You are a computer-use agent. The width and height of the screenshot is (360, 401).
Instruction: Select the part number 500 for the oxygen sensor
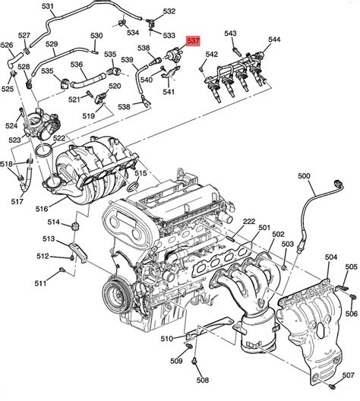pos(305,176)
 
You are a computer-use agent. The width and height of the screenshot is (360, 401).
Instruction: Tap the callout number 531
pos(48,7)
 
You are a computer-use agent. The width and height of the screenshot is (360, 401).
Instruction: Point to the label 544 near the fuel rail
pos(274,39)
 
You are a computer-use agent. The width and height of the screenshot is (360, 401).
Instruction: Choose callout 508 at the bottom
pos(202,380)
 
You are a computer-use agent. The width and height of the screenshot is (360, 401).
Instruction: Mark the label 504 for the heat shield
pos(331,259)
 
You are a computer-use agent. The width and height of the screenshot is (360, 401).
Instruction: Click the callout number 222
pos(248,221)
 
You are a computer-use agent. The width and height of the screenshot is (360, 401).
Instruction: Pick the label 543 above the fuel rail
pos(231,33)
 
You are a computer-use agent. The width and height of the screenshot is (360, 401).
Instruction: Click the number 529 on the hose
pos(52,45)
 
